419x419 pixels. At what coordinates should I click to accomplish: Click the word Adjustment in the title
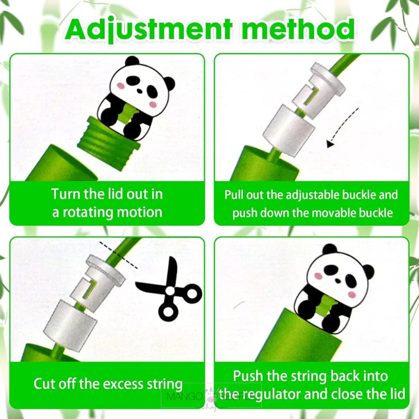coord(149,30)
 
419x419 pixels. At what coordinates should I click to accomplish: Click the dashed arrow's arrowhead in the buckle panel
coord(331,144)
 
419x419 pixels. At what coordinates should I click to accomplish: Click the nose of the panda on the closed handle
coord(338,281)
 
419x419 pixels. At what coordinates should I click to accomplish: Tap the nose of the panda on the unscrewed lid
coord(140,91)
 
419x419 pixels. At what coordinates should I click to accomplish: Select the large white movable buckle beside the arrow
coord(289,130)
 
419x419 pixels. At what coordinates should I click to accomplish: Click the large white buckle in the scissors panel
coord(70,324)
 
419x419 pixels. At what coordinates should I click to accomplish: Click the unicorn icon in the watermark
coord(210,392)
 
